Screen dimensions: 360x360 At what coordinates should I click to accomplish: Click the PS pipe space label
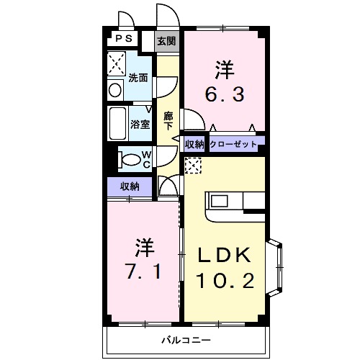pos(124,38)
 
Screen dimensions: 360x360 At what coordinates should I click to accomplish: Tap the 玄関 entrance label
pos(166,41)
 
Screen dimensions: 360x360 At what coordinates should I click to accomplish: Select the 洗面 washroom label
pos(138,78)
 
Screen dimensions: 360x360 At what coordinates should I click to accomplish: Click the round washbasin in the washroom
pos(115,90)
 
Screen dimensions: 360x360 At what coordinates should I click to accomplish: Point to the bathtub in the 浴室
pos(118,123)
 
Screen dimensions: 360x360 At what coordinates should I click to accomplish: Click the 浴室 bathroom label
pos(140,124)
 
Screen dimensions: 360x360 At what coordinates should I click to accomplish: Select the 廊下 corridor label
pos(168,121)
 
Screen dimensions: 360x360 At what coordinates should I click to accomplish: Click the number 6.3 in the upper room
pos(225,94)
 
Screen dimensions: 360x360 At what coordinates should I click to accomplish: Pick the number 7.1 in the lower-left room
pos(143,271)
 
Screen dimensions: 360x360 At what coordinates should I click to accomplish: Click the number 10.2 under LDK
pos(225,281)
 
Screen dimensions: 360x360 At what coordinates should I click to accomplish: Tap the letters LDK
pos(224,255)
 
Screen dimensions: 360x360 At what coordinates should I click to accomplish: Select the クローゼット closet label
pos(233,144)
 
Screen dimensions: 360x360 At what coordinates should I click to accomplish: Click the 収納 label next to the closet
pos(194,144)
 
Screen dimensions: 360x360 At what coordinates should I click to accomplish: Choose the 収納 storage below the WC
pos(130,186)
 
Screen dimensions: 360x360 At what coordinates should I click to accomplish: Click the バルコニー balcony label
pos(186,340)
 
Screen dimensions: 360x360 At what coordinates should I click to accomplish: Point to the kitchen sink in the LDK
pos(219,201)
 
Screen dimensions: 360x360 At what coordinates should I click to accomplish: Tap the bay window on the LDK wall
pos(275,267)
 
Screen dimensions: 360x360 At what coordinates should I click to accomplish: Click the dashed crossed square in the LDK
pos(193,165)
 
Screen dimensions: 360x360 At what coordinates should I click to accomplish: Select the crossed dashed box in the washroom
pos(117,63)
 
